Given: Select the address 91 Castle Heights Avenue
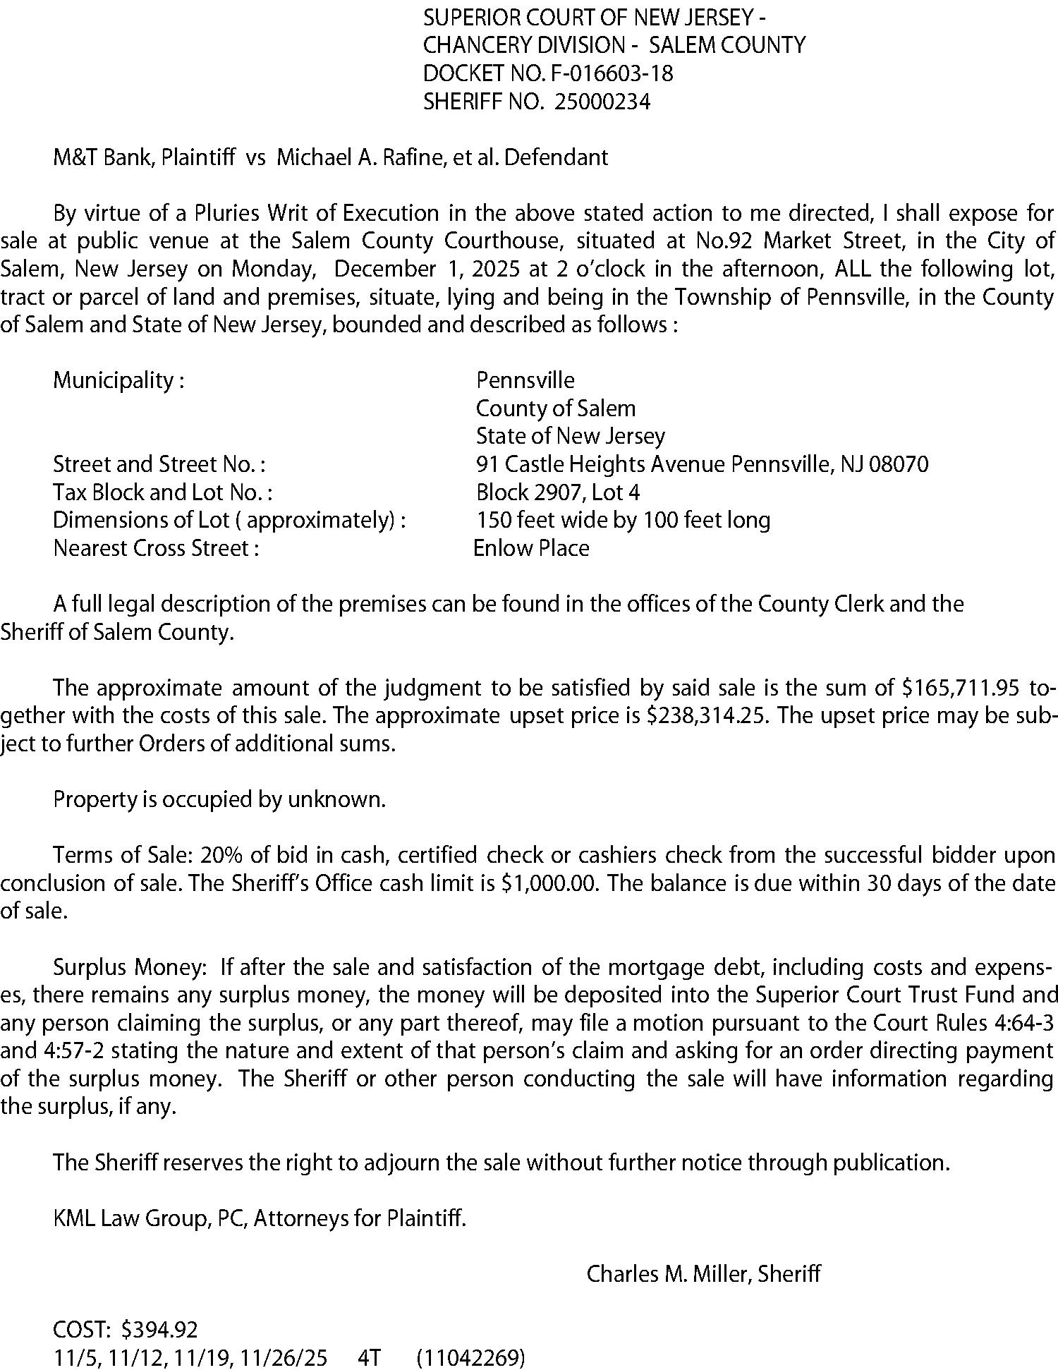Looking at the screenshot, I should [600, 464].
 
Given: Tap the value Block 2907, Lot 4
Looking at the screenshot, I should [558, 492].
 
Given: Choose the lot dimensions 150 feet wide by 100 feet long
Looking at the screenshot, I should [623, 521].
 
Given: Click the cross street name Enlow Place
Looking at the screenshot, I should [531, 548].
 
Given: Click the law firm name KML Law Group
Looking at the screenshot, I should [131, 1218].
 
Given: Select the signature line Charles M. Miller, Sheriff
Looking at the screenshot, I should [703, 1274].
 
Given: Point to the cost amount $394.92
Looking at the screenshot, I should [159, 1330].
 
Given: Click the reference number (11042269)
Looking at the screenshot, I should [471, 1357].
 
